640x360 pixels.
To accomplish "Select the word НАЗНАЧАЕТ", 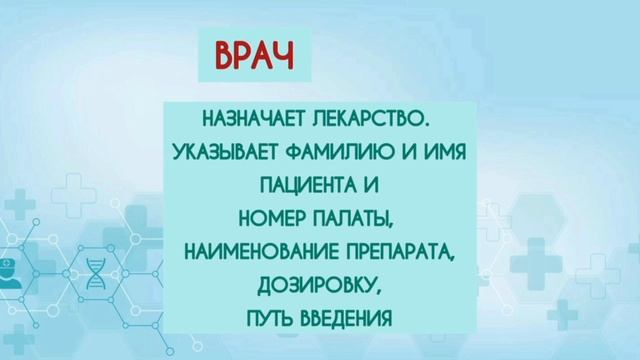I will click(253, 120).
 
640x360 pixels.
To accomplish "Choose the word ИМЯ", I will click(435, 153).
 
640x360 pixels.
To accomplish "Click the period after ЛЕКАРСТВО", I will click(426, 126).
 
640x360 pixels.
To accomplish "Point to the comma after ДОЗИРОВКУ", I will click(379, 291).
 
